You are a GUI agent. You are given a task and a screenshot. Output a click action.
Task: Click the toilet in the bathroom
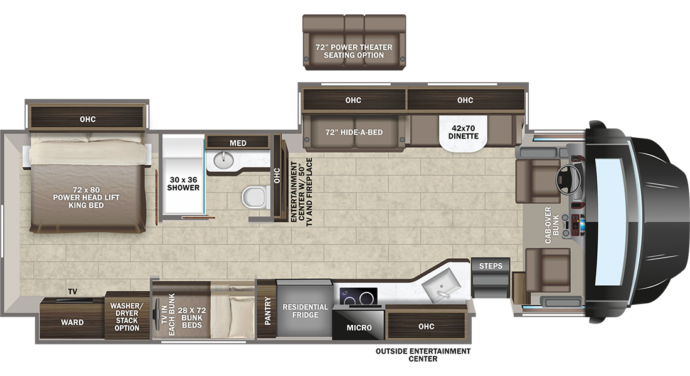(256, 197)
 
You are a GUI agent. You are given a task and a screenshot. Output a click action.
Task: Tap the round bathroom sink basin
(223, 160)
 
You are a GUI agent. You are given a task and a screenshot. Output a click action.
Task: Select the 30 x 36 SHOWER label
(183, 184)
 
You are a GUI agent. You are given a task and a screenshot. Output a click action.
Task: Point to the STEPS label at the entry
(491, 266)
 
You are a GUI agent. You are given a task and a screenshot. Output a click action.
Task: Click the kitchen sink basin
(440, 285)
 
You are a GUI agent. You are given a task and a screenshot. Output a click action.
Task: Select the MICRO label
(359, 328)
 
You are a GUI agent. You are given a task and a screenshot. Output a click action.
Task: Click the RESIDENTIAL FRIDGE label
(305, 311)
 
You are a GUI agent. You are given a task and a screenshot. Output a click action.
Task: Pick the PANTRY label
(268, 311)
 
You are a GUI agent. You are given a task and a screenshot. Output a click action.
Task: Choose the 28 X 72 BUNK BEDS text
(192, 318)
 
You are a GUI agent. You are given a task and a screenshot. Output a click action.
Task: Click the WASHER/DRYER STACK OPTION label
(127, 316)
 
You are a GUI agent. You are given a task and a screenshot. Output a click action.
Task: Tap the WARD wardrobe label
(72, 322)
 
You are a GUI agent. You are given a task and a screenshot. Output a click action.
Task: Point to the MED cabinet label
(238, 143)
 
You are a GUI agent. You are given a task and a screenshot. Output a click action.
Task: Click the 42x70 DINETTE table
(464, 132)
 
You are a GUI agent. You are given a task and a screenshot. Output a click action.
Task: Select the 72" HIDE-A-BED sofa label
(354, 132)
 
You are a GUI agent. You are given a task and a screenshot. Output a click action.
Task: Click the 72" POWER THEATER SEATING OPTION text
(354, 51)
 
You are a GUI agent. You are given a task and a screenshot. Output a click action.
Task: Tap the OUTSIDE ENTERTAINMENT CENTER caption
(423, 355)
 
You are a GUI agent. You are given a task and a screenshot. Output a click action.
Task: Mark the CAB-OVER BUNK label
(551, 225)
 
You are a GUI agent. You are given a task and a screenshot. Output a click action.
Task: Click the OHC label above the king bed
(88, 119)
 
